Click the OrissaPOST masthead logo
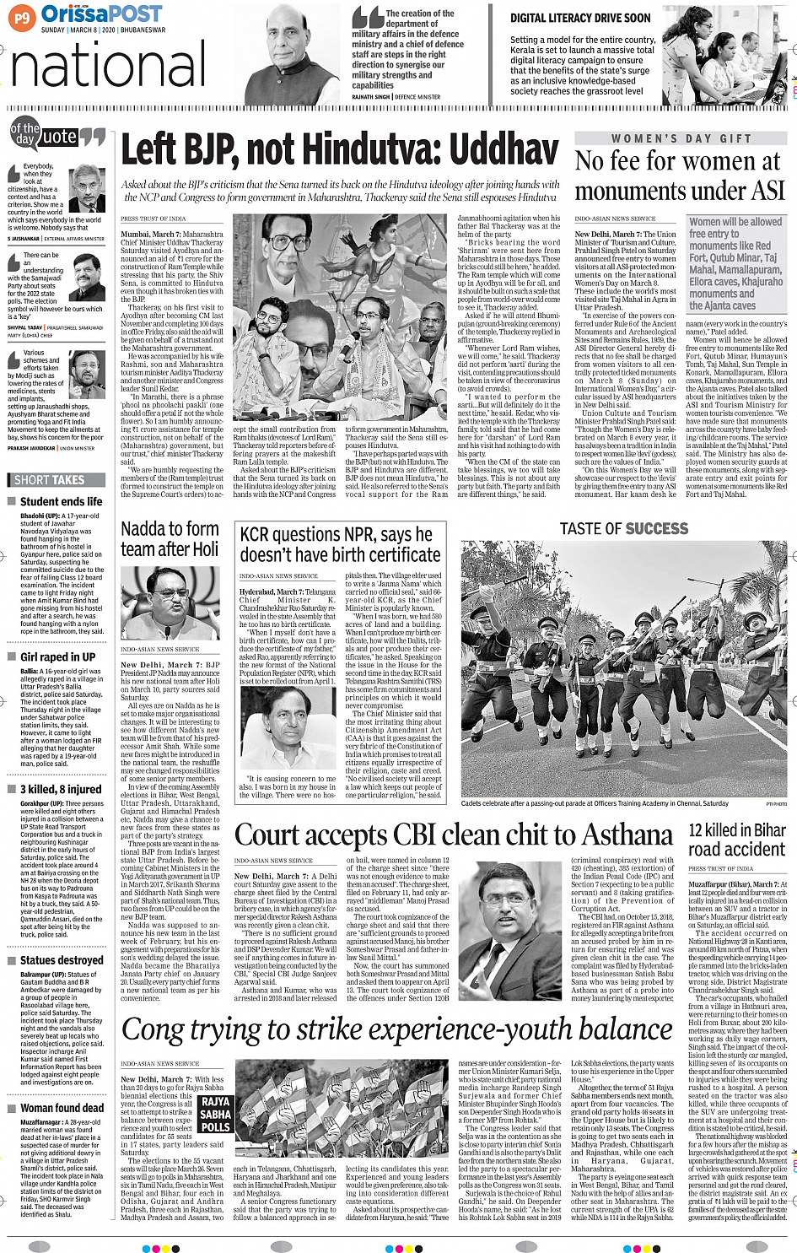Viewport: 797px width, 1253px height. (x=101, y=14)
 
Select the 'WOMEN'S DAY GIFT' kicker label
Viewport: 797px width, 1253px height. (x=681, y=138)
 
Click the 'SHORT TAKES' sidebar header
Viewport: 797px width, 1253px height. (x=50, y=480)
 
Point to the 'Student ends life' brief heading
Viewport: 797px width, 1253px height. (x=61, y=501)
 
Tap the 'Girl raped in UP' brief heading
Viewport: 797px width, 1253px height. (x=57, y=656)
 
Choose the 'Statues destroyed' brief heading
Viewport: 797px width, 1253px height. (x=62, y=960)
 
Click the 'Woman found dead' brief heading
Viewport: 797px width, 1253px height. (x=62, y=1108)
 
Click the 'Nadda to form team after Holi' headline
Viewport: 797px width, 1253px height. (x=170, y=538)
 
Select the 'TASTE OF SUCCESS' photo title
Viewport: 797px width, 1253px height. (x=623, y=528)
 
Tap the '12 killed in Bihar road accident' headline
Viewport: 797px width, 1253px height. (x=736, y=840)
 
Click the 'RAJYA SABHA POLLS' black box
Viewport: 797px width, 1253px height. (x=215, y=1114)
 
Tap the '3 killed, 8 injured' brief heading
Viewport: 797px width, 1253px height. (x=61, y=789)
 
